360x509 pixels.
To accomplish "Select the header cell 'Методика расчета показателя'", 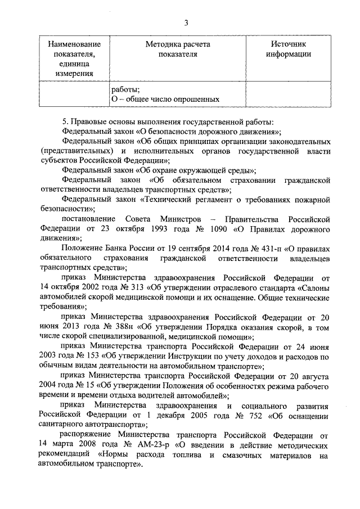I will pyautogui.click(x=177, y=49).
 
